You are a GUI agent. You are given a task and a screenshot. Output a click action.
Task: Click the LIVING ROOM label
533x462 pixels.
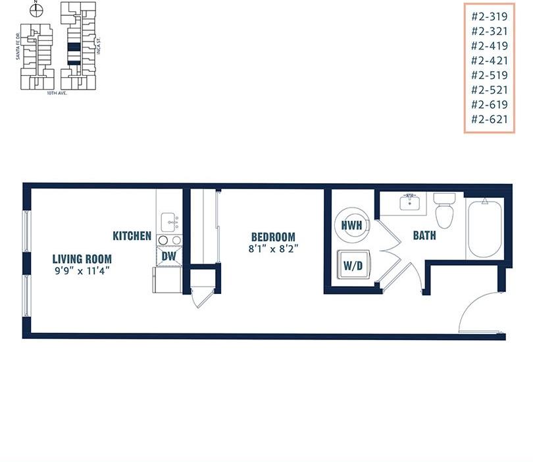tap(82, 258)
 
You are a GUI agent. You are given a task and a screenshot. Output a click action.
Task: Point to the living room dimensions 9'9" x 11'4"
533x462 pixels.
tap(82, 270)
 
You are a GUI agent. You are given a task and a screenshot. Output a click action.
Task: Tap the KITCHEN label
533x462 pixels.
tap(132, 235)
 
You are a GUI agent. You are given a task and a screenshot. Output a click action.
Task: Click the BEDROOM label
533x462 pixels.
tap(273, 237)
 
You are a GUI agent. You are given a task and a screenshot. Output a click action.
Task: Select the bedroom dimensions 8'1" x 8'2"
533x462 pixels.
tap(273, 249)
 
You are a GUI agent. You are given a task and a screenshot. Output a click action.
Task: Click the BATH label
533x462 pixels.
tap(424, 235)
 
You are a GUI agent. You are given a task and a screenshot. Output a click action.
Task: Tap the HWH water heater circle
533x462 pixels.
tap(352, 225)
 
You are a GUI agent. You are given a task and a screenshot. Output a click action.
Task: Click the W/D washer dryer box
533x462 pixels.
tap(351, 266)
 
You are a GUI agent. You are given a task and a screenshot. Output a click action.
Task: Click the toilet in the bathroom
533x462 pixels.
tap(444, 210)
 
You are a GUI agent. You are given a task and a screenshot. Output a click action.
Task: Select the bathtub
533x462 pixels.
tap(484, 229)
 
